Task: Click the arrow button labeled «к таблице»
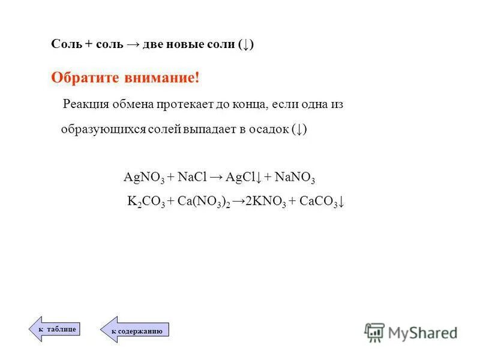pyautogui.click(x=55, y=329)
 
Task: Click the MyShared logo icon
pyautogui.click(x=374, y=331)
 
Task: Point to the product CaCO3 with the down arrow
pyautogui.click(x=322, y=202)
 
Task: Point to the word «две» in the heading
pyautogui.click(x=154, y=45)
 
